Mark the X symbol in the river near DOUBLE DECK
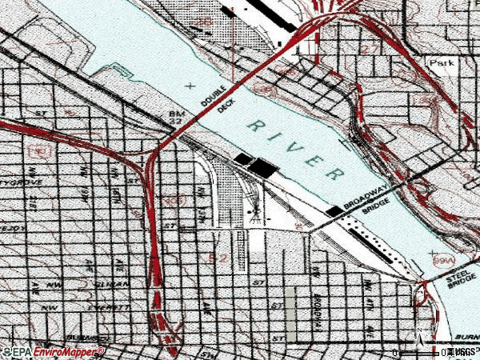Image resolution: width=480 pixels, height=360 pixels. click(x=189, y=85)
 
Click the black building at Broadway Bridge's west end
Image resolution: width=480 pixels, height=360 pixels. click(x=333, y=210)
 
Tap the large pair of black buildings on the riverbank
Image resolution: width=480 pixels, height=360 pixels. click(x=258, y=164)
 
